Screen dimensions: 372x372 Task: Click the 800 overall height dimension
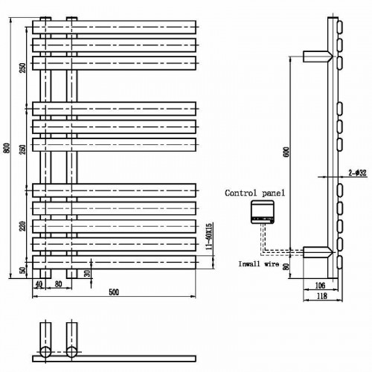click(7, 148)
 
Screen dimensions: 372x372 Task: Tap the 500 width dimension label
click(114, 292)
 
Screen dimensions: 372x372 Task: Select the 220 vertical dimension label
click(23, 226)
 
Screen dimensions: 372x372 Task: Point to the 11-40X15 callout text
click(209, 236)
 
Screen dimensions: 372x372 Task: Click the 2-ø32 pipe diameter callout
click(357, 173)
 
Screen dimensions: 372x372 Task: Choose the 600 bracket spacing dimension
click(286, 152)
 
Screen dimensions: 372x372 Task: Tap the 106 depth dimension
click(320, 286)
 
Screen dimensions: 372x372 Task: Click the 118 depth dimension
click(322, 296)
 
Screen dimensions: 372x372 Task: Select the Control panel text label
click(255, 193)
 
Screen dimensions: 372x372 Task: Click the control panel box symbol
click(263, 212)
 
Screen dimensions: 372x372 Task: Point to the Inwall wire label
click(258, 264)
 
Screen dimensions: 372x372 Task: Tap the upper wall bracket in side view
click(318, 57)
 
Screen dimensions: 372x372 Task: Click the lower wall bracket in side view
click(318, 252)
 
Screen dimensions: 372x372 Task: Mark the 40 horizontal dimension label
click(39, 284)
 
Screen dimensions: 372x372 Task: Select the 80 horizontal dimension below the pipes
click(58, 284)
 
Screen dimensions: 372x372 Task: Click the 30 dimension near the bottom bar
click(87, 273)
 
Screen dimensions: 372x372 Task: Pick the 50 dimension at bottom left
click(23, 270)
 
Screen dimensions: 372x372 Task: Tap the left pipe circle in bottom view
click(45, 352)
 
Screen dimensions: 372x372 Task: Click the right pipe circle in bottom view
click(71, 352)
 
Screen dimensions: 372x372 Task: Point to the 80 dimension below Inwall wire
click(286, 266)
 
